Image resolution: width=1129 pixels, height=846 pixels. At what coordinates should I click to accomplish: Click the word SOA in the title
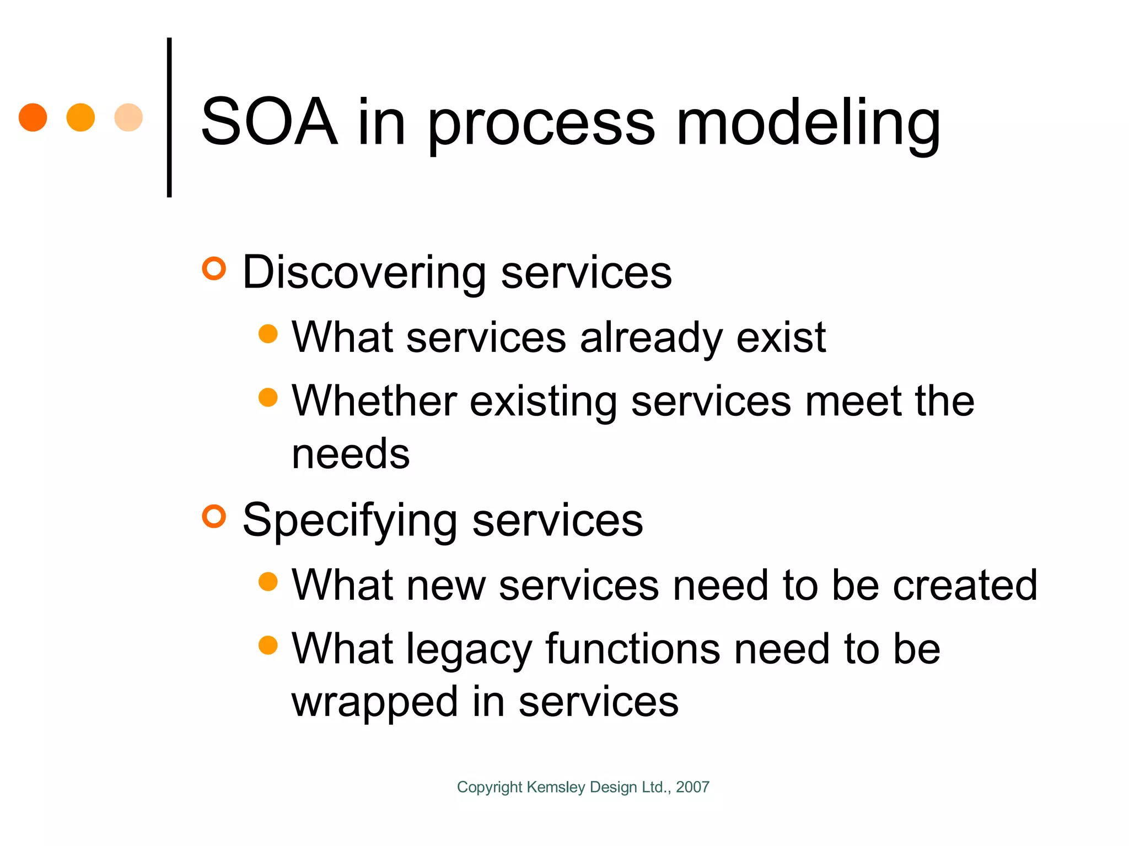tap(269, 122)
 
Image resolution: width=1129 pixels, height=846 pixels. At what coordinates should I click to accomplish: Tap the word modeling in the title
tap(808, 124)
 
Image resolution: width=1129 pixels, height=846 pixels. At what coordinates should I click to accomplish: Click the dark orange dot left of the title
tap(33, 117)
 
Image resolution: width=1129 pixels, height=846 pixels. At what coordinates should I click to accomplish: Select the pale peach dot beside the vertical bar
tap(128, 117)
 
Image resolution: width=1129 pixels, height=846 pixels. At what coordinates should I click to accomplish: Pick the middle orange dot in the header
tap(80, 117)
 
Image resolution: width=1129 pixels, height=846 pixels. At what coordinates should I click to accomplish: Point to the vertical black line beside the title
tap(169, 117)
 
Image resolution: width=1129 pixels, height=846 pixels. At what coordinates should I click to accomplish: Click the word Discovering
tap(364, 273)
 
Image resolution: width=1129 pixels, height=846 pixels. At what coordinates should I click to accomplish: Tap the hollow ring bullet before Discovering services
tap(214, 269)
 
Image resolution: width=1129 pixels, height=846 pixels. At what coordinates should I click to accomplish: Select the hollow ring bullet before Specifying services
tap(214, 517)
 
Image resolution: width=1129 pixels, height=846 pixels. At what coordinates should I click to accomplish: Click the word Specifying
tap(350, 520)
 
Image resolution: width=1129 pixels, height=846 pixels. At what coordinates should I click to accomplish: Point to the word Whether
tap(374, 401)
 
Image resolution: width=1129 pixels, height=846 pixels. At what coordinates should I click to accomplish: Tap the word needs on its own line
tap(351, 454)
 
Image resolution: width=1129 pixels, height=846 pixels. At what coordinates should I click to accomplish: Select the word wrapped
tap(375, 702)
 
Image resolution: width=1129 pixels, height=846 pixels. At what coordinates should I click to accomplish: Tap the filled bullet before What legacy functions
tap(268, 645)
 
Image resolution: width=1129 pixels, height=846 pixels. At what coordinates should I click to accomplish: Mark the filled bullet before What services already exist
tap(268, 334)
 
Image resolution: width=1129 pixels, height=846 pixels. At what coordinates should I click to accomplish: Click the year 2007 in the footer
tap(692, 787)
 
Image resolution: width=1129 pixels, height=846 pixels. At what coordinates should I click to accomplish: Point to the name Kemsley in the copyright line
tap(556, 787)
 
